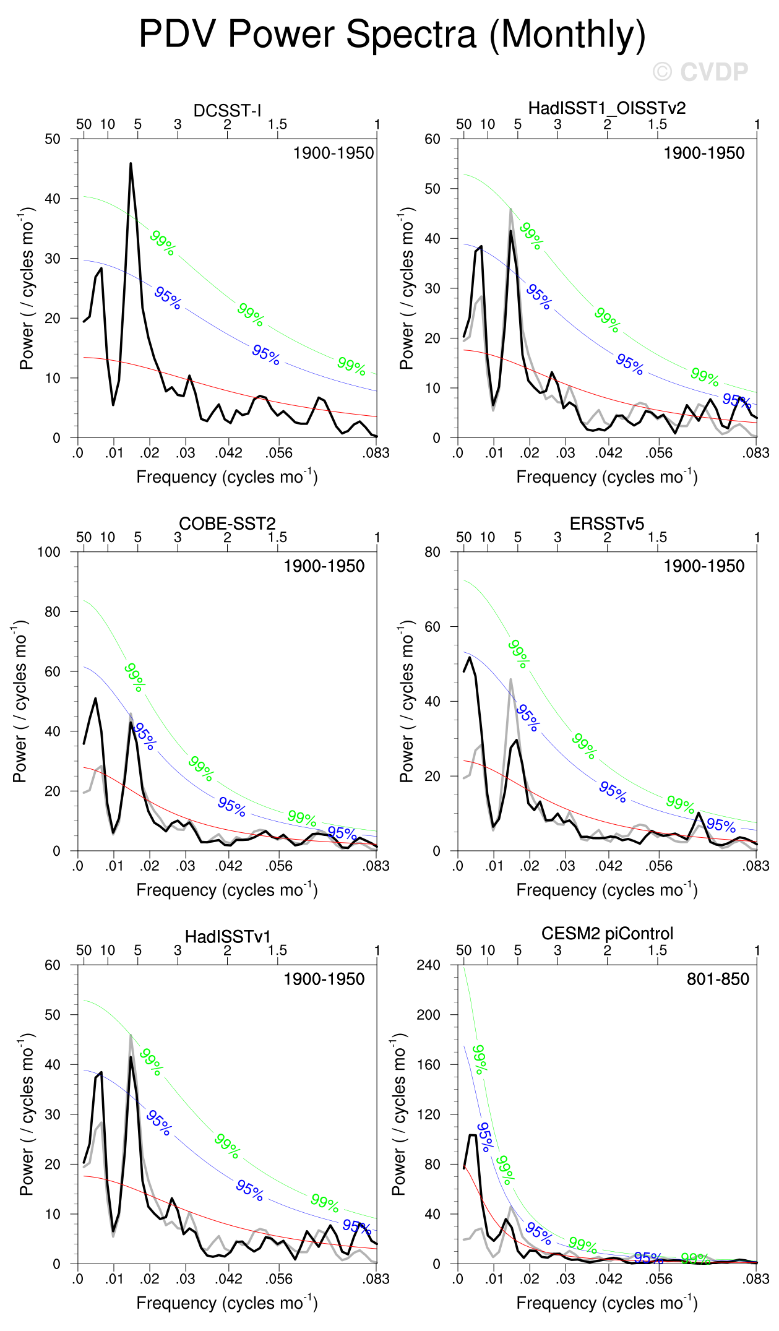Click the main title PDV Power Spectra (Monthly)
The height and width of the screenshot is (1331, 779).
tap(392, 34)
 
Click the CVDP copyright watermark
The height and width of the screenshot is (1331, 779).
tap(701, 72)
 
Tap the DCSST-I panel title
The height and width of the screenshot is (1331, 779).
tap(227, 111)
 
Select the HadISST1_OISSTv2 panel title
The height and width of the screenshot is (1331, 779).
tap(607, 108)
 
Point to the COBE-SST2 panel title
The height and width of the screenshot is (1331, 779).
tap(227, 523)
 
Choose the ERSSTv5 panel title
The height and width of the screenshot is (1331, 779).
tap(607, 523)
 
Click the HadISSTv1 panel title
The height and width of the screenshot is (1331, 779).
tap(227, 937)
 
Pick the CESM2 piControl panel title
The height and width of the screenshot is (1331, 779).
tap(607, 933)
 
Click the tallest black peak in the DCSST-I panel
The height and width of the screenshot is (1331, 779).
tap(131, 164)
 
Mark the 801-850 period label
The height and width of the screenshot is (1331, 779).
tap(718, 979)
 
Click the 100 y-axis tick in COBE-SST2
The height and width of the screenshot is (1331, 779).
tap(49, 552)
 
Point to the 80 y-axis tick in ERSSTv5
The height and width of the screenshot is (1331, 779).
tap(433, 552)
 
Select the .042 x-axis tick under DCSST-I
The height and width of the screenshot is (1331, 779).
tap(228, 453)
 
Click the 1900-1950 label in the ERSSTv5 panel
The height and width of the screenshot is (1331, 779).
tap(704, 566)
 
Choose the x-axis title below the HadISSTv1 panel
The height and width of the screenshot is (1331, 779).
tap(227, 1303)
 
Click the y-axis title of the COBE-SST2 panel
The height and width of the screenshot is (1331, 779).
tap(20, 701)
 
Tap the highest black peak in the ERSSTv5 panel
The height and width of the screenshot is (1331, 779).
tap(470, 657)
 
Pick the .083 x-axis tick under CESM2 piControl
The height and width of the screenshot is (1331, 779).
tap(755, 1279)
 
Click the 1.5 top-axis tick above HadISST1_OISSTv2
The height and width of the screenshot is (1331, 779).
tap(657, 124)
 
